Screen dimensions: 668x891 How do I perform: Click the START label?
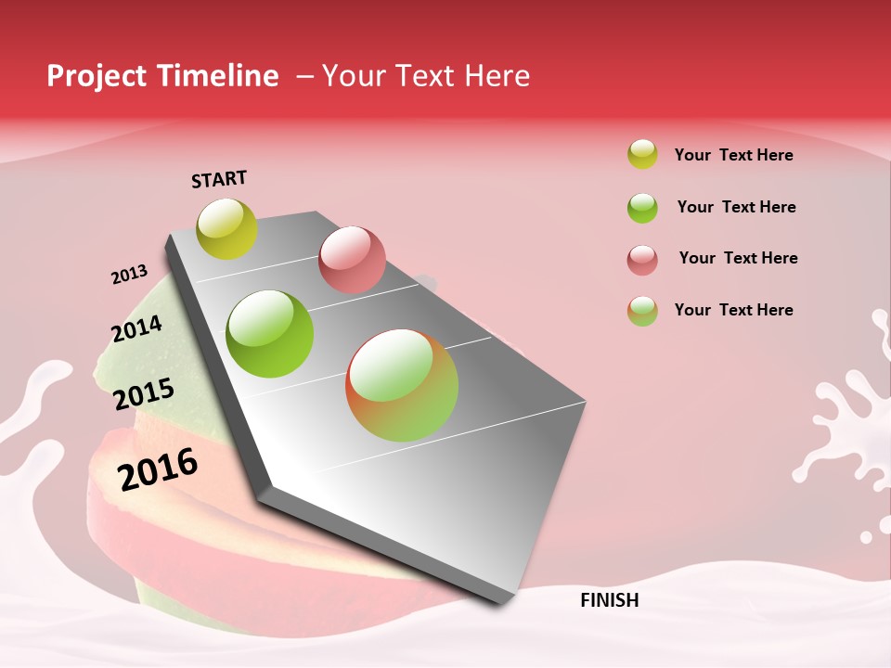tap(219, 179)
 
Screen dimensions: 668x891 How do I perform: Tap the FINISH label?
tap(609, 600)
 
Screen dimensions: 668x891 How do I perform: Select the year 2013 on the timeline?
tap(129, 275)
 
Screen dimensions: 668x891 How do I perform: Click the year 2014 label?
tap(136, 328)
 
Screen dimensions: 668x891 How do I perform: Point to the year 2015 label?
tap(143, 393)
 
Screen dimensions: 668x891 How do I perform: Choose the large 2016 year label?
tap(158, 469)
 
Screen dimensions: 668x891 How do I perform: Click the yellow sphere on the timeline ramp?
tap(227, 228)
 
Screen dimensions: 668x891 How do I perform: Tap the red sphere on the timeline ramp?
tap(352, 259)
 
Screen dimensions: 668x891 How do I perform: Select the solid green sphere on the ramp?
tap(270, 333)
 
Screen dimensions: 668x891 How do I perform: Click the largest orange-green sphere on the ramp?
tap(402, 385)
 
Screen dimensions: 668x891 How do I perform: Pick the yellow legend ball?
tap(642, 154)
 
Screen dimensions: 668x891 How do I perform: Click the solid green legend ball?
tap(642, 208)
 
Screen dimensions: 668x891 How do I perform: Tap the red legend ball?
tap(642, 260)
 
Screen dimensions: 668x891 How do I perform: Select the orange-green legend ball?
tap(642, 311)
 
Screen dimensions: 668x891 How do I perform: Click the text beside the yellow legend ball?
tap(733, 155)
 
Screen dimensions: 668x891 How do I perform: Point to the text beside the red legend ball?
tap(738, 258)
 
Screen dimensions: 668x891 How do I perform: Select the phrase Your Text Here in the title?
tap(426, 76)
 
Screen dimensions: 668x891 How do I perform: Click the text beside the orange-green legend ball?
tap(733, 310)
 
